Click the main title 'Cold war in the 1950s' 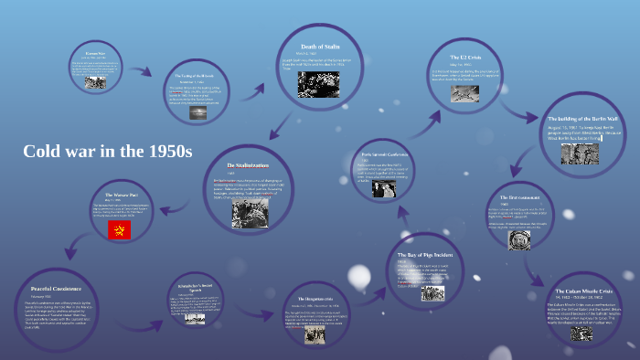(x=108, y=152)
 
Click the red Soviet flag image (x=116, y=229)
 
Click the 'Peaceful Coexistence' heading (x=55, y=275)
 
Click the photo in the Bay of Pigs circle (x=431, y=293)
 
